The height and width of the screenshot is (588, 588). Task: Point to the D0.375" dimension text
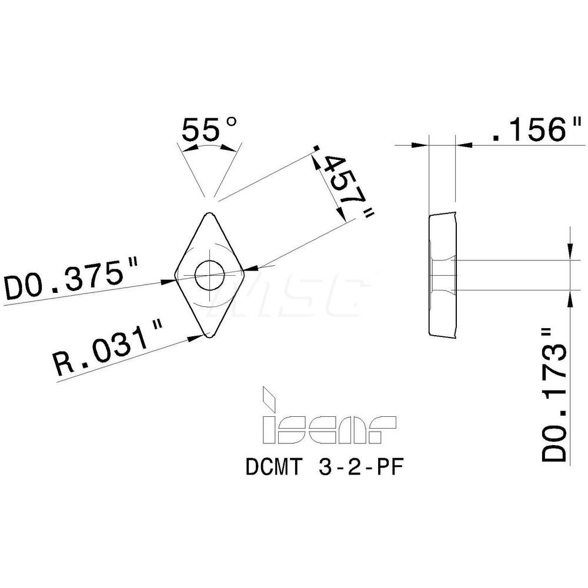pyautogui.click(x=71, y=281)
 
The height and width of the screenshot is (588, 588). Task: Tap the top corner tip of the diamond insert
pyautogui.click(x=208, y=213)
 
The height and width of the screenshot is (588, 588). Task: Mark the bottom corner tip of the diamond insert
pyautogui.click(x=209, y=338)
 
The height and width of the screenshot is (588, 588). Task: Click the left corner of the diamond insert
pyautogui.click(x=175, y=275)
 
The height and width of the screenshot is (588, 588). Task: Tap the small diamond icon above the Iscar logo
pyautogui.click(x=268, y=398)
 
